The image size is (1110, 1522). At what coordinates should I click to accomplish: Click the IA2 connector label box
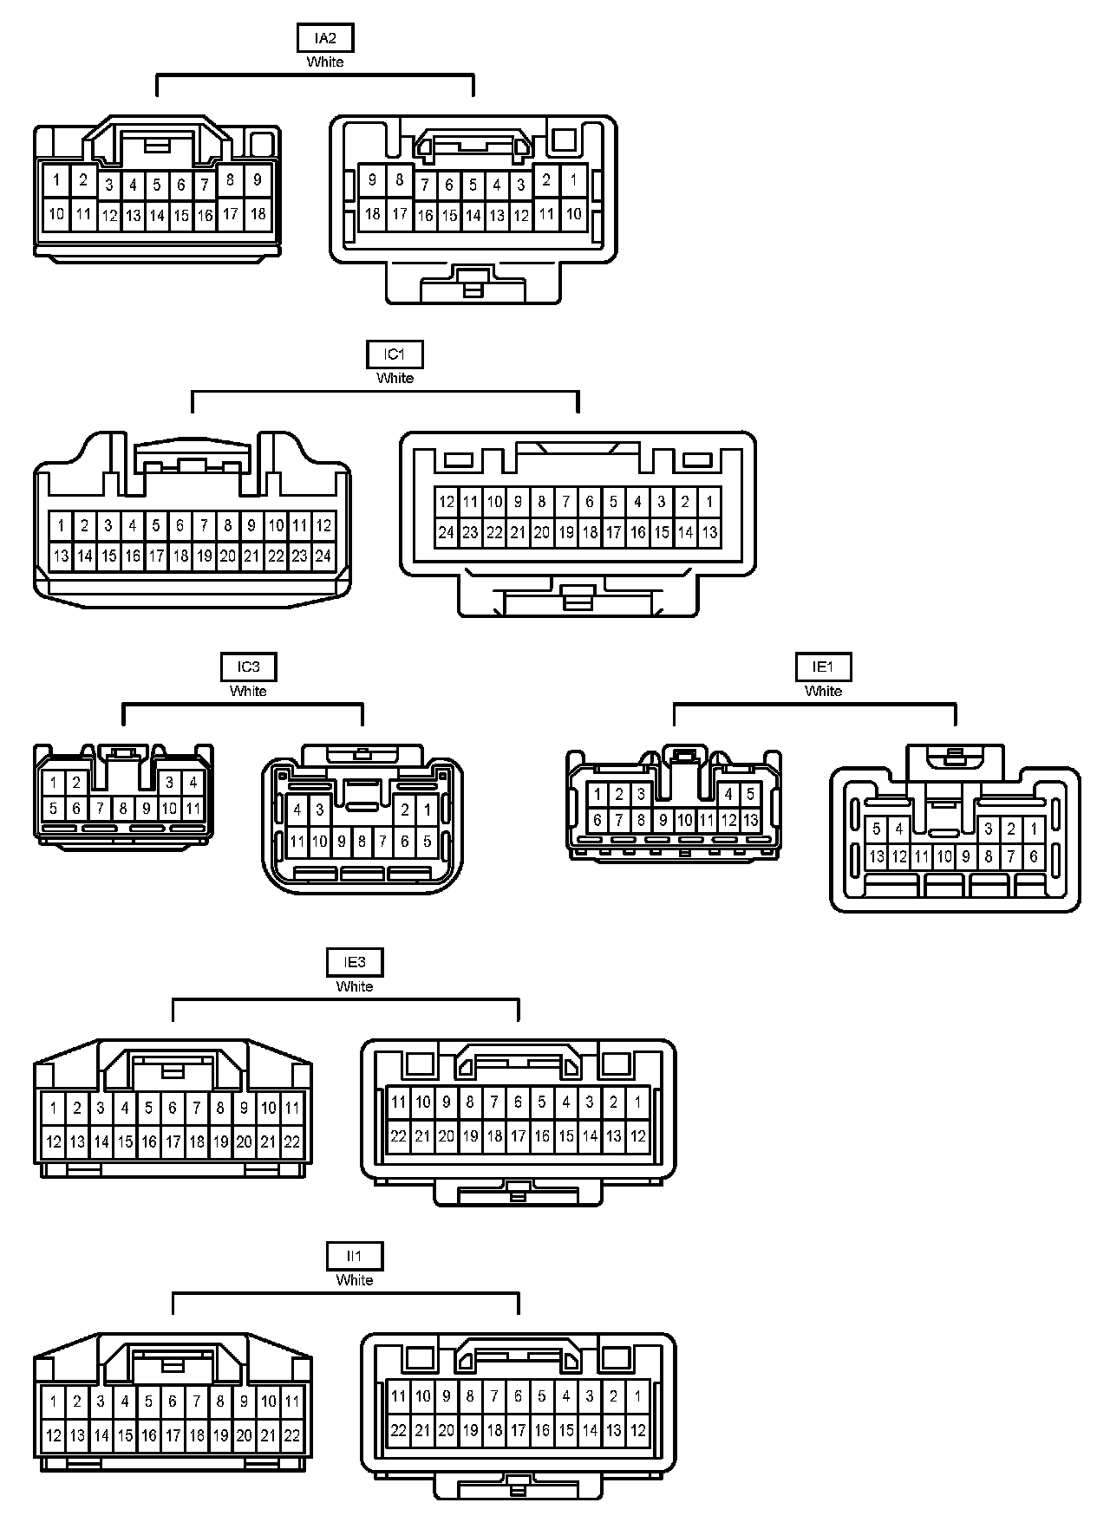coord(325,39)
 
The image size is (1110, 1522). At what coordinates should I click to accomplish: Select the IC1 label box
coord(395,355)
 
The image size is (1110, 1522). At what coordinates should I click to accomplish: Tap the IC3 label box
coord(248,667)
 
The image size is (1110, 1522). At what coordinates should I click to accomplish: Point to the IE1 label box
coord(823,667)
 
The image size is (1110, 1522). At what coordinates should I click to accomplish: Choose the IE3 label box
coord(355,962)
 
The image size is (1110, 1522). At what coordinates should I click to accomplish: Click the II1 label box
coord(355,1256)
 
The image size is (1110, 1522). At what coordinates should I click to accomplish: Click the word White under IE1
coord(823,692)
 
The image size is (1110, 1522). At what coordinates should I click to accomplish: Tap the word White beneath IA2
coord(325,62)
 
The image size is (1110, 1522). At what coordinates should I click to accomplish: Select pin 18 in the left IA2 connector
coord(258,213)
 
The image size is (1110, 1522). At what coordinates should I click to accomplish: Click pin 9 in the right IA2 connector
coord(373,180)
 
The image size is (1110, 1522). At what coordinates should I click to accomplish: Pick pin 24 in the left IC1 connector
coord(323,556)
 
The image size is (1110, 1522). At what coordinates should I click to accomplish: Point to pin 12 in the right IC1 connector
coord(447,501)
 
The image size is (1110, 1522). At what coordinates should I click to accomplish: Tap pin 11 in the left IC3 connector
coord(193,810)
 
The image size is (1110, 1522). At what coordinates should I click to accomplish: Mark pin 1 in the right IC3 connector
coord(427,810)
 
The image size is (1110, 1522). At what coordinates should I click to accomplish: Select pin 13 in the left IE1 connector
coord(750,820)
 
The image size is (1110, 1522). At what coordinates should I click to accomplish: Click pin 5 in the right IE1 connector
coord(877,829)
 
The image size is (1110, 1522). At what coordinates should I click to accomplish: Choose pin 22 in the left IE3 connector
coord(292,1141)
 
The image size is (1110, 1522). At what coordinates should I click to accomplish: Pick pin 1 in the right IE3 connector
coord(638,1102)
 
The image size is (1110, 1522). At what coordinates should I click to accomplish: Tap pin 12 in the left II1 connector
coord(54,1435)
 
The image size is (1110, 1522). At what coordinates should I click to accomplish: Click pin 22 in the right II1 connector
coord(399,1430)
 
